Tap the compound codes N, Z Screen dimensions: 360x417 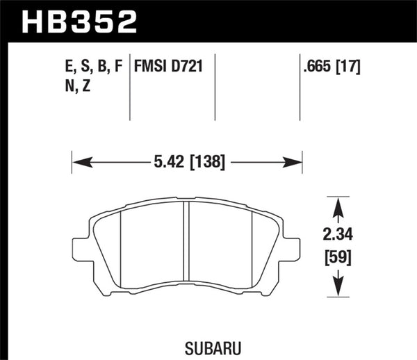tap(74, 88)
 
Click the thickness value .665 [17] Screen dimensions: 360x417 tap(332, 68)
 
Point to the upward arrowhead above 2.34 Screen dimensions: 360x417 tap(338, 203)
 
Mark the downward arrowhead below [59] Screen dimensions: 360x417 tap(338, 288)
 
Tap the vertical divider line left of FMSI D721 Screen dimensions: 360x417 tap(131, 87)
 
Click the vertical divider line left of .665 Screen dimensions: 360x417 tap(299, 87)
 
